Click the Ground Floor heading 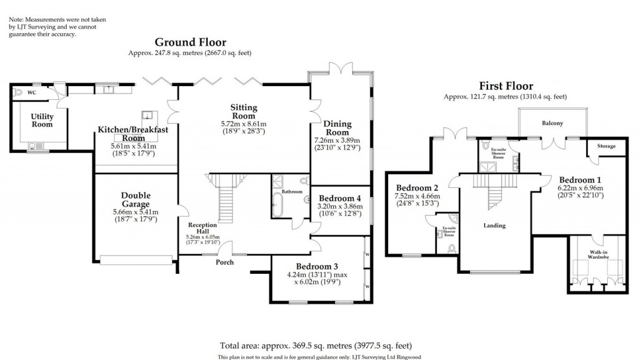click(x=190, y=42)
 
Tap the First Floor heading click(x=505, y=86)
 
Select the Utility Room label click(x=42, y=120)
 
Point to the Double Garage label click(x=135, y=199)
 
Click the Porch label click(x=225, y=262)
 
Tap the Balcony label click(x=552, y=124)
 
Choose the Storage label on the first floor click(x=605, y=146)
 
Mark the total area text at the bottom click(x=316, y=345)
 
